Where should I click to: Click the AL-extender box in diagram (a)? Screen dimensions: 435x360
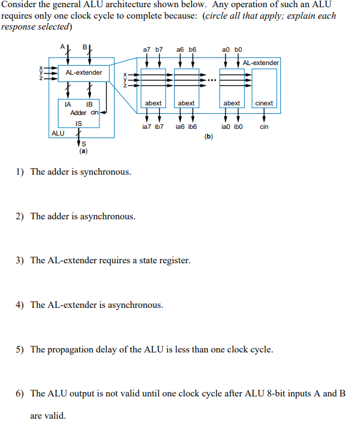(x=84, y=73)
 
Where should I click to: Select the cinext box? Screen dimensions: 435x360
(x=264, y=103)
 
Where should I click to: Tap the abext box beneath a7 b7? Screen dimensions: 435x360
(x=154, y=103)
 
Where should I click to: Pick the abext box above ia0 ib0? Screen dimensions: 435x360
(x=232, y=103)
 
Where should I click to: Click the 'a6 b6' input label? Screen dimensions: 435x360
(x=186, y=49)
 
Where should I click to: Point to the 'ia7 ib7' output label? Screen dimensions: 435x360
(x=153, y=127)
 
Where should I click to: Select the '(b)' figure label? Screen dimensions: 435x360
(x=209, y=137)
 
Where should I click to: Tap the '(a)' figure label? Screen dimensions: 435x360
(x=83, y=151)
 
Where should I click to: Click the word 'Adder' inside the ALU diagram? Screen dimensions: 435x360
(x=78, y=113)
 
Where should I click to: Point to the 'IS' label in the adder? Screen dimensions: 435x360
(x=78, y=124)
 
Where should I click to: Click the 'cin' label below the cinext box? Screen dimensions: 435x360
(x=264, y=127)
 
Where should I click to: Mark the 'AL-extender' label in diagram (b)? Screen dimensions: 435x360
(x=261, y=63)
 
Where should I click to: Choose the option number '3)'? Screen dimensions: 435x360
(x=20, y=260)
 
